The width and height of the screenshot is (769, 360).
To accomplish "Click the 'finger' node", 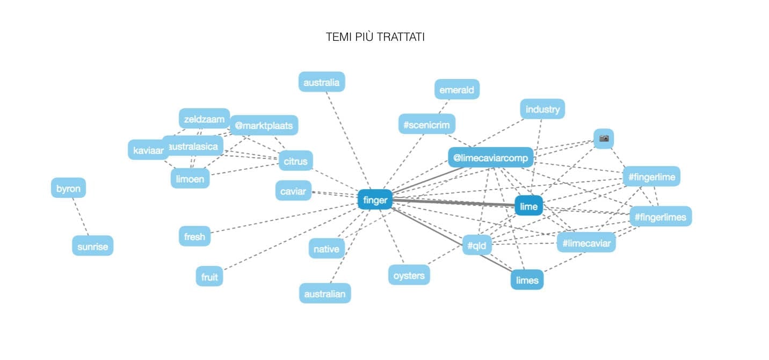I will pos(375,200).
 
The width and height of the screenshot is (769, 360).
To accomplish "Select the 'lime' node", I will pos(528,206).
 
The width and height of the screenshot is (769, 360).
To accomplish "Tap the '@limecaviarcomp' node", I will pos(490,157).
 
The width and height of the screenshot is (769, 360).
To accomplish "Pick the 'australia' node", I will pos(321,82).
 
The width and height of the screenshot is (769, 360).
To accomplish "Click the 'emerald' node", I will pos(456,90).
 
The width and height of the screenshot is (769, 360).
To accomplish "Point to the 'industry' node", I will pos(542,109).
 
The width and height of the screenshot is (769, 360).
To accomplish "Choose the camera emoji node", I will pos(604,139).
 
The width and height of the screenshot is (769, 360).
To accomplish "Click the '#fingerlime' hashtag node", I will pos(651,176).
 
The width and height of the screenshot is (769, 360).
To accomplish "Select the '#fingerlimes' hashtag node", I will pos(660,217).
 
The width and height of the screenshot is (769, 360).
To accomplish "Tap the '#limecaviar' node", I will pos(586,243).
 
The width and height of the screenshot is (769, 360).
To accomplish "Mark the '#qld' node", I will pos(477,246).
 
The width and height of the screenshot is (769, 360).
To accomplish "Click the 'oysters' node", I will pos(409,275).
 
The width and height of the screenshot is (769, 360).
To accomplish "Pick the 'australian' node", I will pos(324,293).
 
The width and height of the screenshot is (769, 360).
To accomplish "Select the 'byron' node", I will pos(68,189).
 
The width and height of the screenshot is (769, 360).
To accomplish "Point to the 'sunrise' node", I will pos(93,246).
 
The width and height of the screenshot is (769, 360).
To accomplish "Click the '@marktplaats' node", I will pos(264,126).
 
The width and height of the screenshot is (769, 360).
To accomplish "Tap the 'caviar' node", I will pos(293,191).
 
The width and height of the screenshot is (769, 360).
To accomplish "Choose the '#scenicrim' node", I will pos(427,125).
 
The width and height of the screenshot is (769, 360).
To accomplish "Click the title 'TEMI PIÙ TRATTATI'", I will pos(375,37).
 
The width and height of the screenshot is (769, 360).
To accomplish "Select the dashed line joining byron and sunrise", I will pos(81,217).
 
